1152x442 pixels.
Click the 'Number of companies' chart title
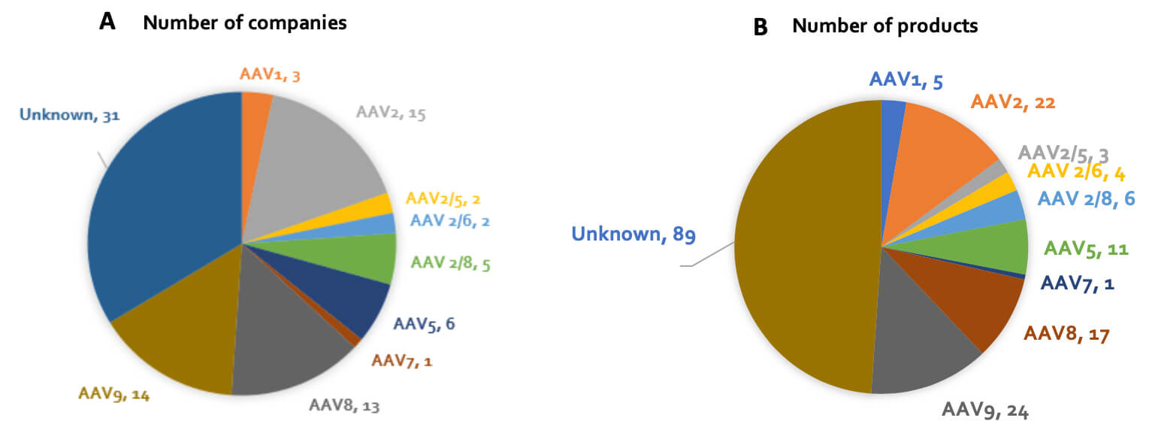(x=244, y=23)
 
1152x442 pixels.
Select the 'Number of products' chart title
(x=884, y=26)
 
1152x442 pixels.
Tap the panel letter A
(x=107, y=22)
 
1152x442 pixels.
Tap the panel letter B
(x=760, y=27)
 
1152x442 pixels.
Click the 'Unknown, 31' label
(x=69, y=115)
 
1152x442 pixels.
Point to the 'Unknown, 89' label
(x=633, y=235)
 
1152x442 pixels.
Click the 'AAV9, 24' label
(x=984, y=410)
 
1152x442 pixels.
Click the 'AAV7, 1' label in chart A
(x=402, y=361)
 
